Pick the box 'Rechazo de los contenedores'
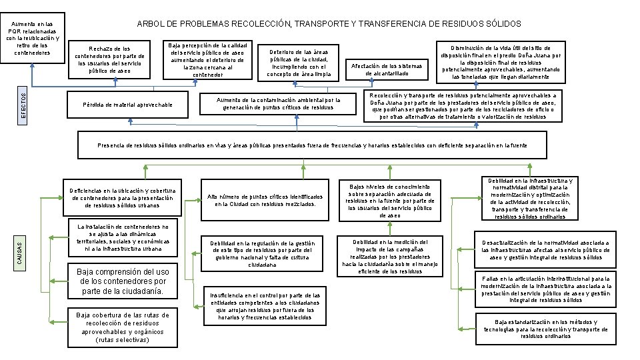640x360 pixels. (x=109, y=59)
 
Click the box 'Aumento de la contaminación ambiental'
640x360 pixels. (x=279, y=103)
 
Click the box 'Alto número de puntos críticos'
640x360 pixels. (x=265, y=201)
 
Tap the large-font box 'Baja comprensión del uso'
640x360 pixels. (x=123, y=282)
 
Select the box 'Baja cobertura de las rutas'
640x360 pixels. (x=123, y=327)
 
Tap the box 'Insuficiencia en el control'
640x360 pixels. (x=265, y=306)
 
